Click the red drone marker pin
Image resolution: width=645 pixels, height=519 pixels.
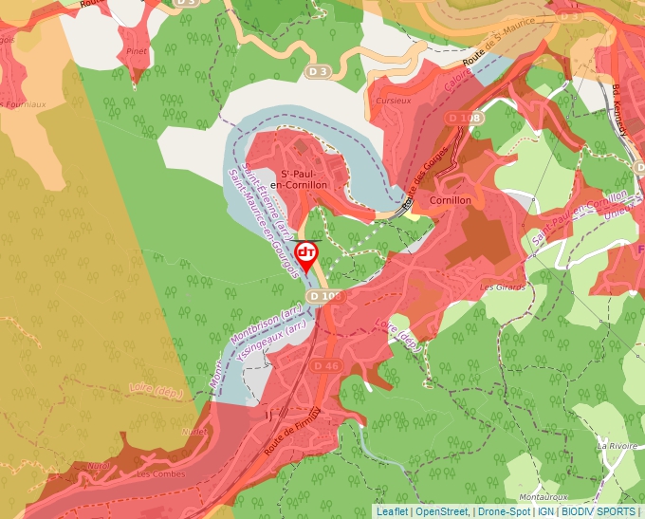click(306, 253)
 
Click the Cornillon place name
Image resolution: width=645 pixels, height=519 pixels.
click(451, 201)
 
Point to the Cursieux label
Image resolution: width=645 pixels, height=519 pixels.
click(393, 100)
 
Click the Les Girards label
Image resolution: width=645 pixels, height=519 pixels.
click(502, 287)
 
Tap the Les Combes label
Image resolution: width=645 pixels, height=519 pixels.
click(157, 473)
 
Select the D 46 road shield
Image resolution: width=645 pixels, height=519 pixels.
click(325, 365)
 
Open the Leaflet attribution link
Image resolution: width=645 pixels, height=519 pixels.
click(392, 511)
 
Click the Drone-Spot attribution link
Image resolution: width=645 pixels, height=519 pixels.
click(504, 511)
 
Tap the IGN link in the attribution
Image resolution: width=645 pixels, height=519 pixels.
click(545, 511)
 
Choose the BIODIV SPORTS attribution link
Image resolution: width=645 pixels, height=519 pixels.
click(599, 511)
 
